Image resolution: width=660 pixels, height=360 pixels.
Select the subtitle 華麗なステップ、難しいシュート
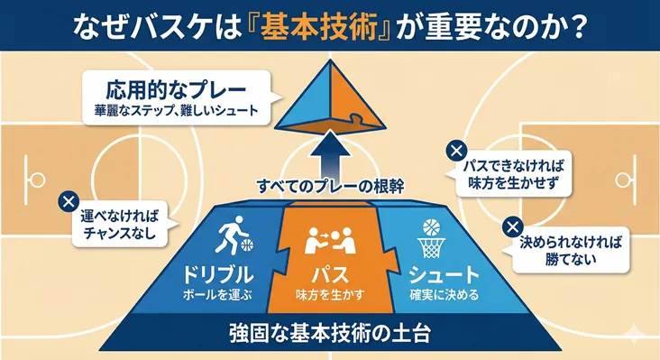pyautogui.click(x=176, y=112)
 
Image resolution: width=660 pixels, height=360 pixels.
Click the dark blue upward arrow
pyautogui.click(x=329, y=154)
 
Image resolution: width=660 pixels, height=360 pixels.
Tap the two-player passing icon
pyautogui.click(x=330, y=240)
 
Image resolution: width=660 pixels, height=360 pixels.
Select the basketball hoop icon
pyautogui.click(x=429, y=236)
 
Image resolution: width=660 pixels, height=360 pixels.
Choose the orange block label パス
pyautogui.click(x=330, y=274)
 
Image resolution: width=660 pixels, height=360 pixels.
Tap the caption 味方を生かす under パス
pyautogui.click(x=330, y=294)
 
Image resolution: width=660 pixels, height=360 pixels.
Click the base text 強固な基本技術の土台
pyautogui.click(x=329, y=332)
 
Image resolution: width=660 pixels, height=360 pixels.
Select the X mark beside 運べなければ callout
pyautogui.click(x=66, y=201)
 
